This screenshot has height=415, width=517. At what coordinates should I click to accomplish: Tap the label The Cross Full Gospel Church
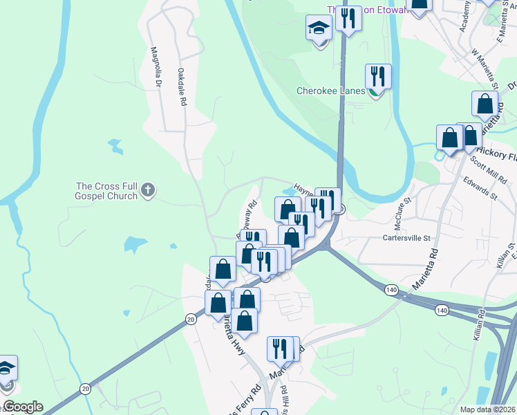click(108, 190)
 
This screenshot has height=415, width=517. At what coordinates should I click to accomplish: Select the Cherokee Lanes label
click(330, 91)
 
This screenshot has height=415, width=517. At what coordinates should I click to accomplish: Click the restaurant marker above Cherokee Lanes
click(378, 76)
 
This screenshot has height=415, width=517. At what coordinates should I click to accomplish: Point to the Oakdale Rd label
click(182, 86)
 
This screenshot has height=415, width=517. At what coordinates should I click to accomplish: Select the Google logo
click(22, 407)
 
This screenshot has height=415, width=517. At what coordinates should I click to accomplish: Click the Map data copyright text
click(487, 409)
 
